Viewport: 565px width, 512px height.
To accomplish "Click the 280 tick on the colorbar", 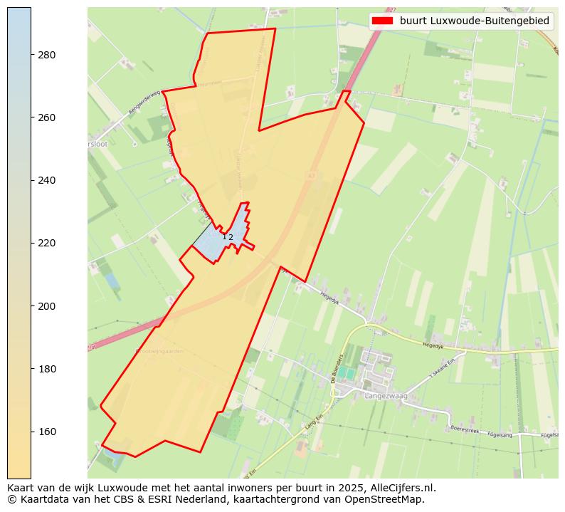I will (48, 55).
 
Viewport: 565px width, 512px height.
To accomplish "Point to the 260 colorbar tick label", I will (48, 117).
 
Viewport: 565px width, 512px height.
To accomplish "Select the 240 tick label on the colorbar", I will (48, 180).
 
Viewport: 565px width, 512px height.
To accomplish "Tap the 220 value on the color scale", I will (48, 243).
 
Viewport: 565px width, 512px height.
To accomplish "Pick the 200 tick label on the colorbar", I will (48, 306).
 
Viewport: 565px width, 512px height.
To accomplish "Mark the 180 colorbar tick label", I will (48, 369).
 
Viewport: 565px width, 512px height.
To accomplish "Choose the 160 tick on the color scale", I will (48, 432).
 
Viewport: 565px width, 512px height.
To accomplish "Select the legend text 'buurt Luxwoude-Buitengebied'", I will (475, 21).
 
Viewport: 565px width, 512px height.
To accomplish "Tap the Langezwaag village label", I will (385, 395).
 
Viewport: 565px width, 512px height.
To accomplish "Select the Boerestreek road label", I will (468, 429).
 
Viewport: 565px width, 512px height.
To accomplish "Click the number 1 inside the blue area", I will (224, 237).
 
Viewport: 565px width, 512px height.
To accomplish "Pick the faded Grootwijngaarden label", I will (159, 351).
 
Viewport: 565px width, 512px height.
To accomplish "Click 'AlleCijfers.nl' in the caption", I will (403, 489).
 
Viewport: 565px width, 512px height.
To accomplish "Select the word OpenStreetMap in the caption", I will (390, 499).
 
